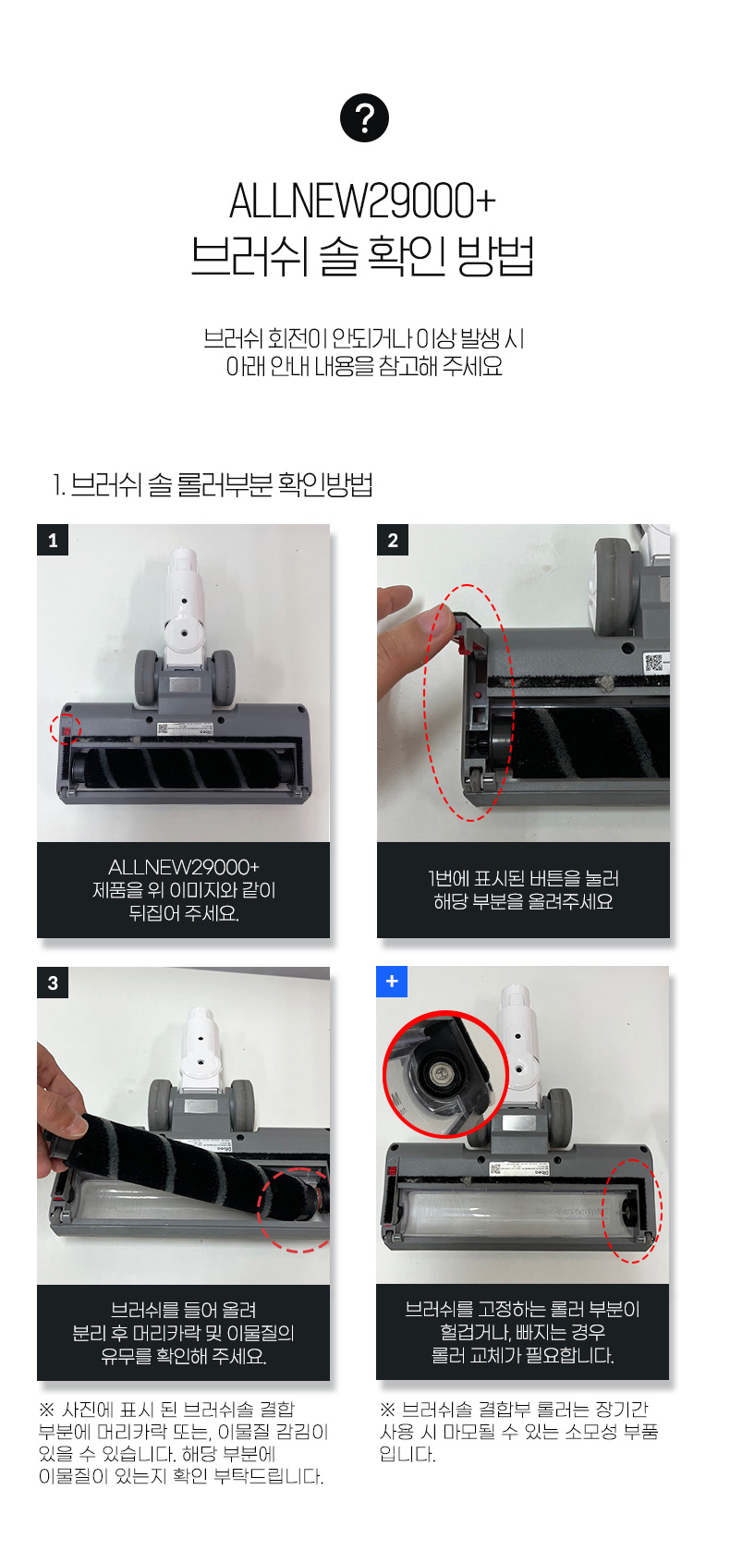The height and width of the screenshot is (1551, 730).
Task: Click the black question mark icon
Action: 365,117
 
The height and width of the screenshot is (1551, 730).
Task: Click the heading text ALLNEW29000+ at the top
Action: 362,202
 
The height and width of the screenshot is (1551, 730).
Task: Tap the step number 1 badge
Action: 53,540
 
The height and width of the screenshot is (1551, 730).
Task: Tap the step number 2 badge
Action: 393,540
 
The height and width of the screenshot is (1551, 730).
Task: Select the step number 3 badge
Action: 53,983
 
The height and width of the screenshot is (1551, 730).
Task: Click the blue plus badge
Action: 392,981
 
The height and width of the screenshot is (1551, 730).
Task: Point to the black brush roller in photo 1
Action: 183,766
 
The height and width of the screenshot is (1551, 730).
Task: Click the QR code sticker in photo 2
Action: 654,663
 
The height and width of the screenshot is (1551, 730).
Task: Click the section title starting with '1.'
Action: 213,484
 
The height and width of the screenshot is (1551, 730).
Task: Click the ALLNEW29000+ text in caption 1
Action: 183,867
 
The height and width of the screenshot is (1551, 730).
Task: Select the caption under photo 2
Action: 523,890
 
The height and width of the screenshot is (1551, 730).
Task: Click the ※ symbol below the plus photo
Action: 387,1409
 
